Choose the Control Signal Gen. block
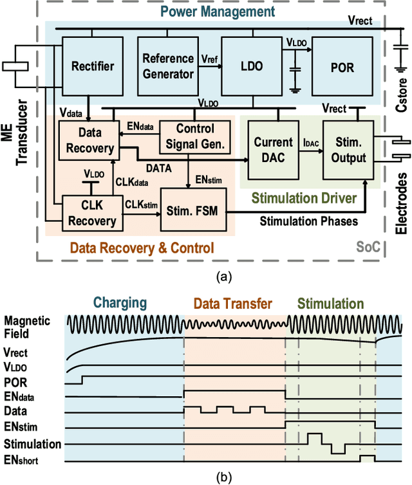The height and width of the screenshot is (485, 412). [186, 136]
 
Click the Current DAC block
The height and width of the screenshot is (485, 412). [274, 149]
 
